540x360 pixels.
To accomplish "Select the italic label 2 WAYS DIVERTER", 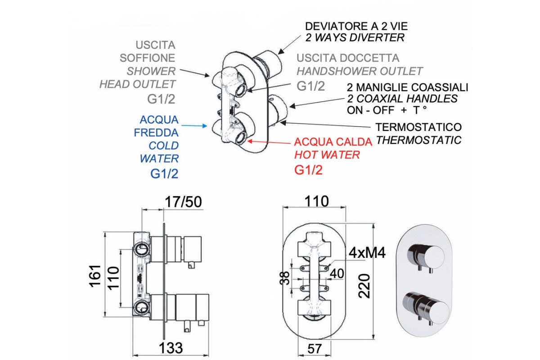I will [x=355, y=38].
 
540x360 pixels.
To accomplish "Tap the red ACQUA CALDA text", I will [x=333, y=142].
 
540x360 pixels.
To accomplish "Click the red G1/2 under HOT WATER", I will [x=309, y=170].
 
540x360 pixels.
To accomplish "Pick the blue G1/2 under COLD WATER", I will [x=164, y=174].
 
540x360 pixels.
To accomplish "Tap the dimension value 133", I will [x=171, y=347].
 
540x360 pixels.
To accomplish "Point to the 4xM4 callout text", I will [x=367, y=253].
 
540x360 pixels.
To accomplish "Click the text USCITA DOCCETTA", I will [x=348, y=58].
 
